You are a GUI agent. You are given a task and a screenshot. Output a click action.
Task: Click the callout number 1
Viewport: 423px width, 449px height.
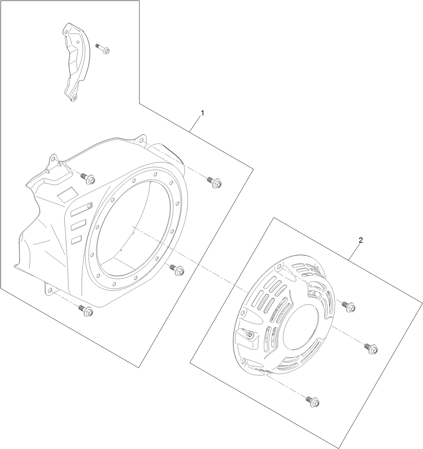coord(202,114)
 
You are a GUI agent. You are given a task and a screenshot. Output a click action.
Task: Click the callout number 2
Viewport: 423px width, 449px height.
coord(360,240)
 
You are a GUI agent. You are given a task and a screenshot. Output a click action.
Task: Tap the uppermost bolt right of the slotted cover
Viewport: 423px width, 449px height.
coord(349,306)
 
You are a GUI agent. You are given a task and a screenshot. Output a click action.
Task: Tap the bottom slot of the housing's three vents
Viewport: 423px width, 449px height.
coord(76,239)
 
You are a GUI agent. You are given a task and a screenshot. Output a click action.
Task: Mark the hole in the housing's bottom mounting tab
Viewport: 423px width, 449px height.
coord(50,290)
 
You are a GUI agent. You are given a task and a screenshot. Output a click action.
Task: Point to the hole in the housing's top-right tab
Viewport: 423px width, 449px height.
coord(141,140)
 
